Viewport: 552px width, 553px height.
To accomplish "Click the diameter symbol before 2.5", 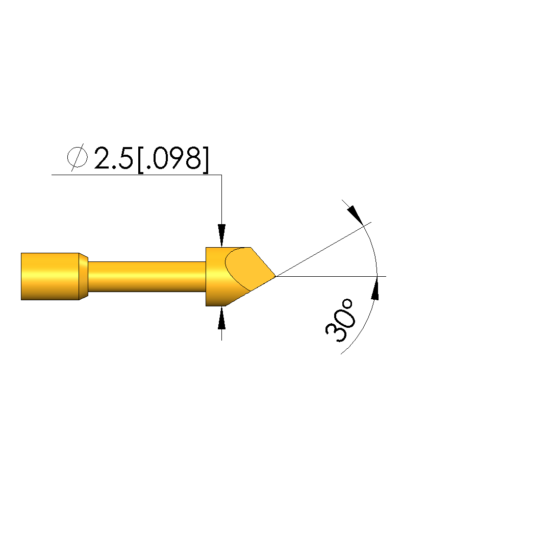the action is click(x=77, y=157).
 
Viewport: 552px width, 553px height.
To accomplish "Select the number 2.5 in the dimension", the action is click(x=113, y=158).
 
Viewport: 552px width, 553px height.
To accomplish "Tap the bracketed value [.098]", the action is click(x=173, y=160).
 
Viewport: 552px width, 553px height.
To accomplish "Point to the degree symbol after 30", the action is click(x=348, y=304).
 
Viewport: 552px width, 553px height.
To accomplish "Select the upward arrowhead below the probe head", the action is click(x=221, y=318).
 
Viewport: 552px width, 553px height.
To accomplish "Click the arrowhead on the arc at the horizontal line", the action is click(x=375, y=288).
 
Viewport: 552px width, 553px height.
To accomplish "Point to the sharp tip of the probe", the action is click(x=276, y=276).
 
